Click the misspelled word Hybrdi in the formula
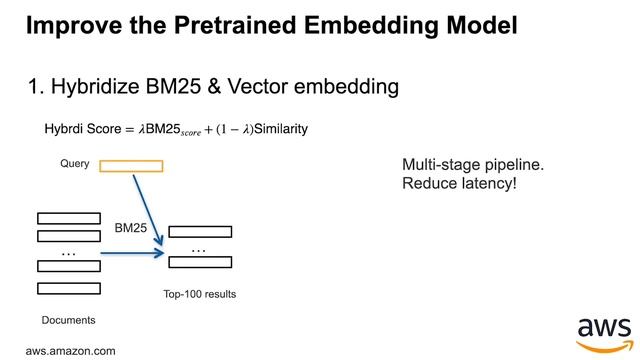[63, 130]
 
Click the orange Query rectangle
[130, 165]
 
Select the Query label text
[75, 162]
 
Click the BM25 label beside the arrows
[131, 229]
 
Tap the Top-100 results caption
[199, 295]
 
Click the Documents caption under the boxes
[68, 320]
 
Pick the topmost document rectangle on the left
[69, 218]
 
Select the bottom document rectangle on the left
[69, 289]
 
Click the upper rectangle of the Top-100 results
[200, 231]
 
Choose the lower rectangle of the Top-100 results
[200, 262]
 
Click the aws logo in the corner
[604, 334]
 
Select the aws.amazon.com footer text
[70, 351]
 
